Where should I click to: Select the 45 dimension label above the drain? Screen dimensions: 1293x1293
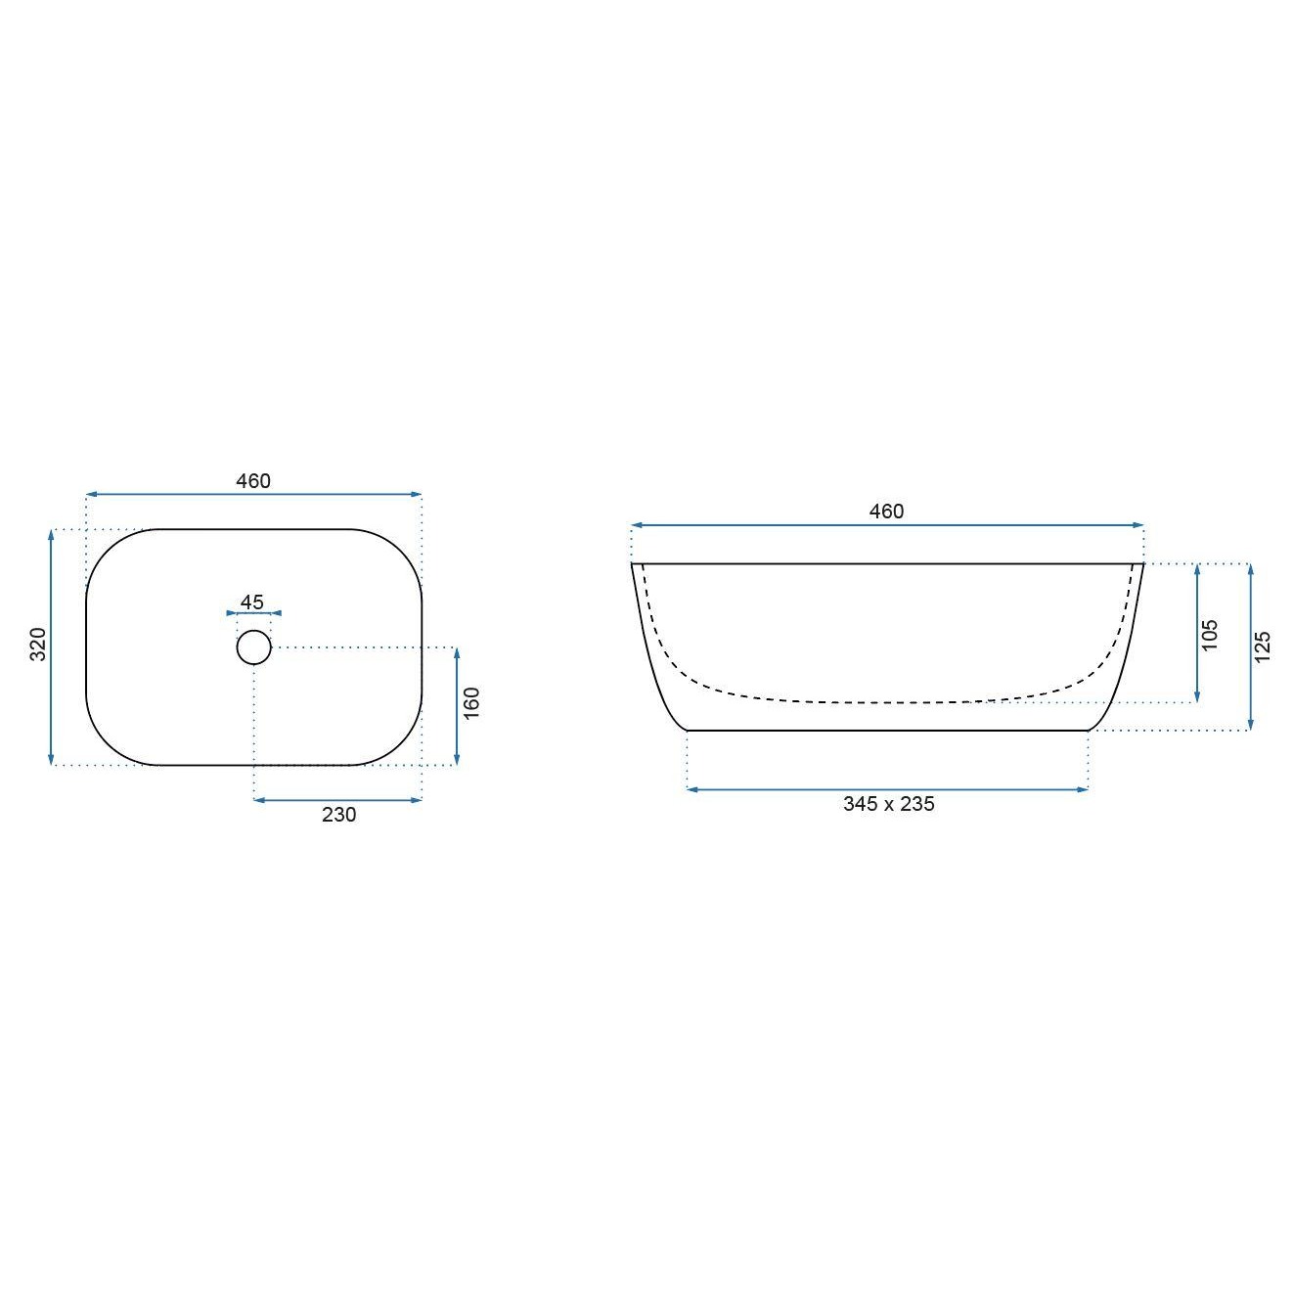point(251,602)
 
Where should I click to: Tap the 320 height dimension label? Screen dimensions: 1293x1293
point(38,645)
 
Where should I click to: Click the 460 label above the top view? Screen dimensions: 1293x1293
point(253,480)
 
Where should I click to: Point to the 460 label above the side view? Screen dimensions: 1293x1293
point(886,512)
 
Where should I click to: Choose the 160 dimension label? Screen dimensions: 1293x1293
point(471,703)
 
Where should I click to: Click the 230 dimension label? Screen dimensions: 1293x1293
point(338,815)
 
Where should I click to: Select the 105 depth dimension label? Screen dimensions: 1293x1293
point(1209,634)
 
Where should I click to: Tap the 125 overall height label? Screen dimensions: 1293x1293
point(1262,646)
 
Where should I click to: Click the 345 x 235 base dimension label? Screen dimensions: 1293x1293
point(888,804)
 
